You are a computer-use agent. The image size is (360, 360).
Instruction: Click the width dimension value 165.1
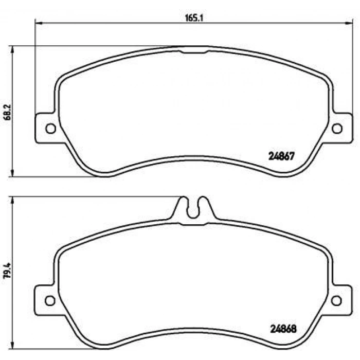tap(191, 17)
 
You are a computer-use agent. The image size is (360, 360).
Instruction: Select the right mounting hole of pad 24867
tap(337, 129)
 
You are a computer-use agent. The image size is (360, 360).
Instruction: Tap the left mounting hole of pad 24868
tap(50, 300)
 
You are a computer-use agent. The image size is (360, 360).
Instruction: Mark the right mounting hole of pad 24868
tap(337, 300)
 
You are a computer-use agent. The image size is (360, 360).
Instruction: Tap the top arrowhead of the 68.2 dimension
tap(12, 48)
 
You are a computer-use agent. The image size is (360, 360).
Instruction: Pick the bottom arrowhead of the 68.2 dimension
tap(12, 174)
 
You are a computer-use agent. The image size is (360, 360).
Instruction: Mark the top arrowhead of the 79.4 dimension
tap(12, 199)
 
